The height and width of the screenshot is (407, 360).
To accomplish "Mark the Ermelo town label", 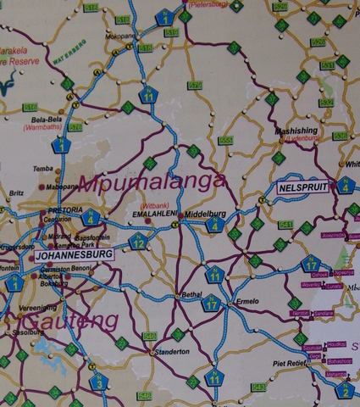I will pyautogui.click(x=246, y=302).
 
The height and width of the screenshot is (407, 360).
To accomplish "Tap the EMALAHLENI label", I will pyautogui.click(x=156, y=214).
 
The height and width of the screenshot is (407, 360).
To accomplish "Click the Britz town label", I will pyautogui.click(x=16, y=192).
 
